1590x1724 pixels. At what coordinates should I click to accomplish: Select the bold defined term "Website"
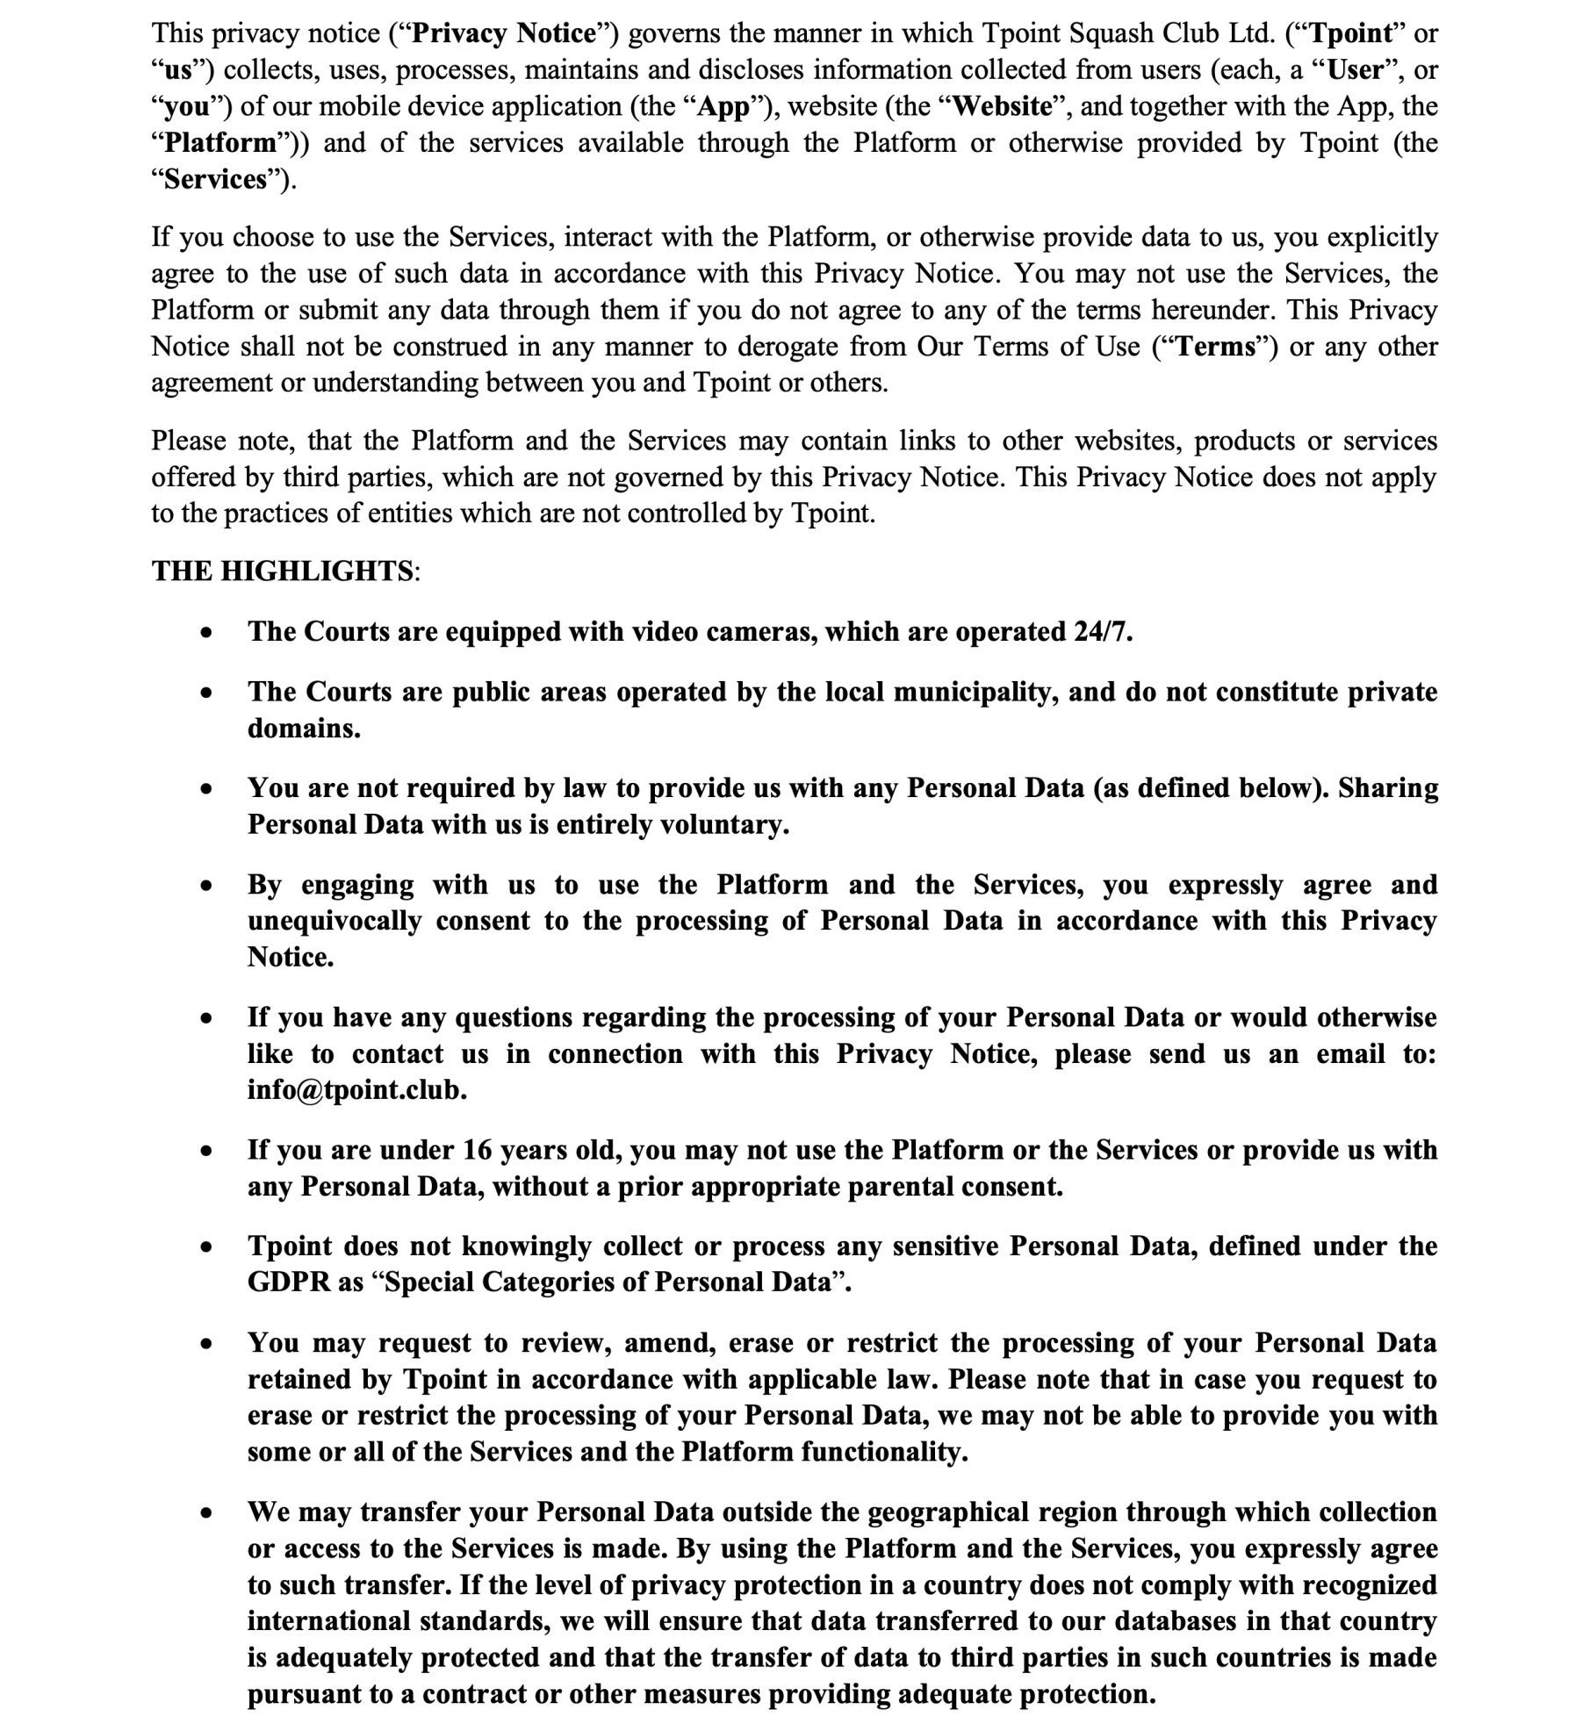tap(1002, 107)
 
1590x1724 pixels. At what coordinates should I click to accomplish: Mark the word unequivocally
tap(334, 921)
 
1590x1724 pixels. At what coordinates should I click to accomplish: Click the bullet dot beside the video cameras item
tap(205, 633)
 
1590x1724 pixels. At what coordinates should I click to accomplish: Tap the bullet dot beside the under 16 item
tap(205, 1151)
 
